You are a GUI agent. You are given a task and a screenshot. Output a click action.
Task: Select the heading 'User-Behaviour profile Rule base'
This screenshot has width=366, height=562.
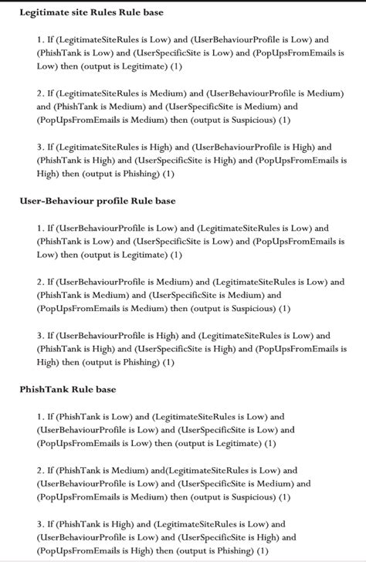[97, 201]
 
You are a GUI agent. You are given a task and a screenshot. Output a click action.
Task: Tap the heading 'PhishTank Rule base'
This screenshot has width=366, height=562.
[68, 390]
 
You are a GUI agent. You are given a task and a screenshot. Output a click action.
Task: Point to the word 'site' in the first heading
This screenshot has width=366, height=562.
[90, 13]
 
